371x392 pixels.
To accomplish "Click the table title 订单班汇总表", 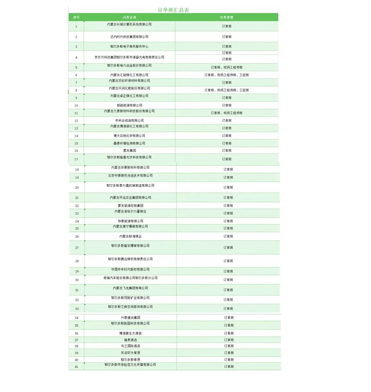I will [x=173, y=10].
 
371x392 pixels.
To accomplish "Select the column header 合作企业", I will [x=130, y=17].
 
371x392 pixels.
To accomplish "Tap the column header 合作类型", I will [x=227, y=17].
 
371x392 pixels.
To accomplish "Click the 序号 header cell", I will [x=76, y=17].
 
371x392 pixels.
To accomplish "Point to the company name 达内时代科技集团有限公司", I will [x=130, y=37].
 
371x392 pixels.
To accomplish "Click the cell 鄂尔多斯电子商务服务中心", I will [x=130, y=46].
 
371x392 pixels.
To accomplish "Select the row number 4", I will [x=76, y=57].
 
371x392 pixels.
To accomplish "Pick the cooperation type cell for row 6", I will [x=227, y=75].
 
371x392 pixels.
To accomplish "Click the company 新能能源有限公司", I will [x=130, y=105].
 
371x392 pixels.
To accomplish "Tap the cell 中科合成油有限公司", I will [x=130, y=121].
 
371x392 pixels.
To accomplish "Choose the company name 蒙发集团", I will [x=130, y=150].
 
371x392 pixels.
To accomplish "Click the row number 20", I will [x=77, y=188].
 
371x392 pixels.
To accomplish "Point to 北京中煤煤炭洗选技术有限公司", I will [x=130, y=176].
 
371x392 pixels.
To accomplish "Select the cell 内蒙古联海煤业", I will [x=130, y=237].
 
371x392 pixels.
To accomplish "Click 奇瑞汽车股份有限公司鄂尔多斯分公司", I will [x=130, y=278].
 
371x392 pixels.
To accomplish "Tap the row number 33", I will [x=77, y=309].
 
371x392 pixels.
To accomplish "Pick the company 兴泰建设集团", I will [x=130, y=318].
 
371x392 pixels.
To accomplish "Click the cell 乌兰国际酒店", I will [x=130, y=346].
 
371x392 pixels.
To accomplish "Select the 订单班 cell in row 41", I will [x=229, y=366].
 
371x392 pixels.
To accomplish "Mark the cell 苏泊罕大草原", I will [x=130, y=353].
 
